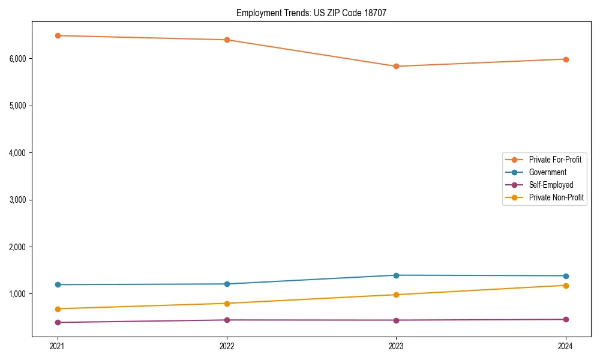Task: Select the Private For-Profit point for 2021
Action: [x=58, y=35]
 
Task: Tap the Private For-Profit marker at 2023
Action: [x=396, y=66]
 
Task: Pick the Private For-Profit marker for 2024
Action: [x=566, y=59]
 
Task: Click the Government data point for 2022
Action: [x=227, y=284]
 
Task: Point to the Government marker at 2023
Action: [x=396, y=275]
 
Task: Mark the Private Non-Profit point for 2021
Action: [x=58, y=309]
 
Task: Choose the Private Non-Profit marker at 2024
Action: [x=566, y=286]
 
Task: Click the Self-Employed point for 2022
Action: [x=227, y=320]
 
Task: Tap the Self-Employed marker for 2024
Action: [x=566, y=319]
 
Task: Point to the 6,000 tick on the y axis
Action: [x=17, y=59]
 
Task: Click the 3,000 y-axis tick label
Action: [x=17, y=200]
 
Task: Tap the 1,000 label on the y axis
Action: [x=17, y=294]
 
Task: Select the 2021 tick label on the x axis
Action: [x=58, y=346]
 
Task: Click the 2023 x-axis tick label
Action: [x=396, y=346]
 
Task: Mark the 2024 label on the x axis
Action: [x=566, y=346]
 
